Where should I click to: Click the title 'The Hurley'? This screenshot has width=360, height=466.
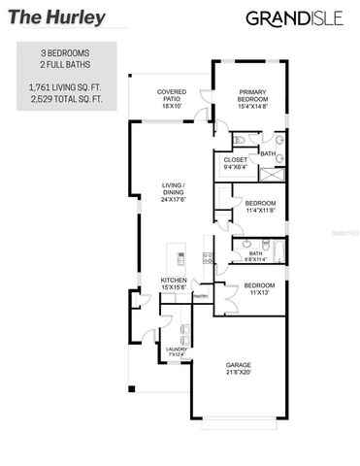point(41,17)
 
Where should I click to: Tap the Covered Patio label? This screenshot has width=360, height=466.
point(172,99)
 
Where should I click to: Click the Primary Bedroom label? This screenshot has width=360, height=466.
point(252,98)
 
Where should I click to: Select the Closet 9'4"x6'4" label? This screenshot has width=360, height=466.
point(236,163)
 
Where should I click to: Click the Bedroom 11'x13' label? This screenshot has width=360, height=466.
point(258,288)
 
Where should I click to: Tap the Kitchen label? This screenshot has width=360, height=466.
point(173,283)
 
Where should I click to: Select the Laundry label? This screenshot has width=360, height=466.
point(176,351)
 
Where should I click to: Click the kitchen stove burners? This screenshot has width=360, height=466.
point(207,256)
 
